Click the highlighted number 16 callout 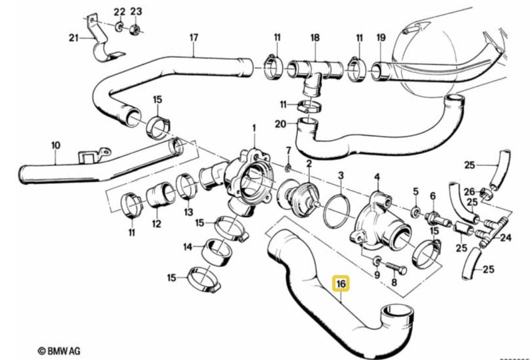point(341,285)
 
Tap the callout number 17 point(194,37)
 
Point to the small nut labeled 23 point(132,29)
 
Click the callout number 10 point(55,144)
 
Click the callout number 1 point(253,126)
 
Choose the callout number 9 point(376,273)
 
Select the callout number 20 point(281,124)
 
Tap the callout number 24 point(506,237)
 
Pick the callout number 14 point(188,246)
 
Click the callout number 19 point(381,37)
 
